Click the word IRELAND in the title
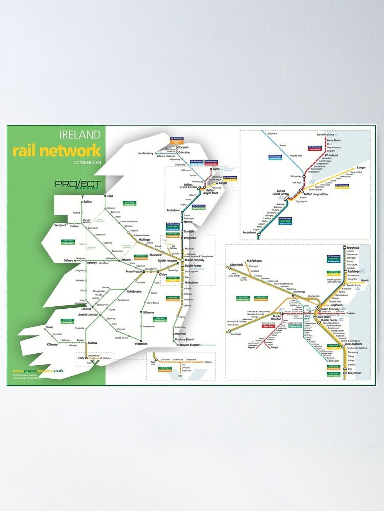pyautogui.click(x=80, y=135)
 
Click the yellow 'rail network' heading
pyautogui.click(x=57, y=150)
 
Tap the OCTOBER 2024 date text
pyautogui.click(x=87, y=162)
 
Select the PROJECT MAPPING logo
pyautogui.click(x=78, y=184)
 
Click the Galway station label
pyautogui.click(x=68, y=261)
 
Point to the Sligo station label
pyautogui.click(x=110, y=196)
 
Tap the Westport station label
pyautogui.click(x=60, y=225)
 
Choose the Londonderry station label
pyautogui.click(x=145, y=153)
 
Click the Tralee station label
pyautogui.click(x=49, y=327)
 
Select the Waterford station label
pyautogui.click(x=141, y=344)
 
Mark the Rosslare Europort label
pyautogui.click(x=190, y=345)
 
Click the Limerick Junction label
pyautogui.click(x=88, y=315)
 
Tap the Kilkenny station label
pyautogui.click(x=148, y=312)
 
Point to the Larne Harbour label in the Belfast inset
pyautogui.click(x=325, y=134)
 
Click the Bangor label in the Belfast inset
pyautogui.click(x=361, y=168)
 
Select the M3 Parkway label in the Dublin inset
pyautogui.click(x=254, y=261)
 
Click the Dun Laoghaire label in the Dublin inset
pyautogui.click(x=353, y=344)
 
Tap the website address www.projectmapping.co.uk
pyautogui.click(x=38, y=371)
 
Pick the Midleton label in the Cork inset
pyautogui.click(x=208, y=362)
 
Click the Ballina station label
pyautogui.click(x=87, y=202)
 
